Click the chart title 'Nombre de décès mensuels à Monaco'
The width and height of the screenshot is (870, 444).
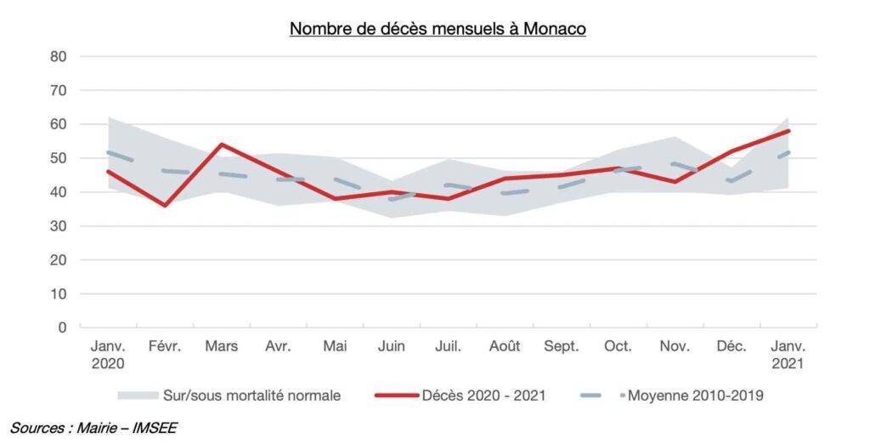point(438,28)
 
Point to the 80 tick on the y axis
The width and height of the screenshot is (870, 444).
point(59,57)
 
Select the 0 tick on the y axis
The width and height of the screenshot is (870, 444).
point(62,327)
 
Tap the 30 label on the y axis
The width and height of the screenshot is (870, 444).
point(59,226)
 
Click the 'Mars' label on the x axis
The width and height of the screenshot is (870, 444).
point(222,346)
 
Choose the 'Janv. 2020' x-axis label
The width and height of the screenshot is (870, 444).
point(108,355)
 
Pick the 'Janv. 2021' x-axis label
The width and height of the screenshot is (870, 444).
point(788,355)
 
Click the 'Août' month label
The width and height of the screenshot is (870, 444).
point(505,346)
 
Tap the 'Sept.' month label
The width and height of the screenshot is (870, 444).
point(561,346)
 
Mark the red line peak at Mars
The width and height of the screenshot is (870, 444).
point(222,145)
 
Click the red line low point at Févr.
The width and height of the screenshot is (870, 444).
point(165,206)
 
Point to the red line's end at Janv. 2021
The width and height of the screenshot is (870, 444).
point(788,131)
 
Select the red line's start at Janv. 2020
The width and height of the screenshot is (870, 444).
point(108,171)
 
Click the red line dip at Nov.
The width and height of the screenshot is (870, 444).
point(675,182)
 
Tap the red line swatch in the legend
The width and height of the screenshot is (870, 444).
point(397,396)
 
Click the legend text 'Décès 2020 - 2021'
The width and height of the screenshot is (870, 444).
point(483,396)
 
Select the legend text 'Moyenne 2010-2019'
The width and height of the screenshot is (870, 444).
point(696,396)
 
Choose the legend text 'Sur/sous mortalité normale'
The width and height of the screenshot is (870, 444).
point(251,396)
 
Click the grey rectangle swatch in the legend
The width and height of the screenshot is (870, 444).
point(138,396)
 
